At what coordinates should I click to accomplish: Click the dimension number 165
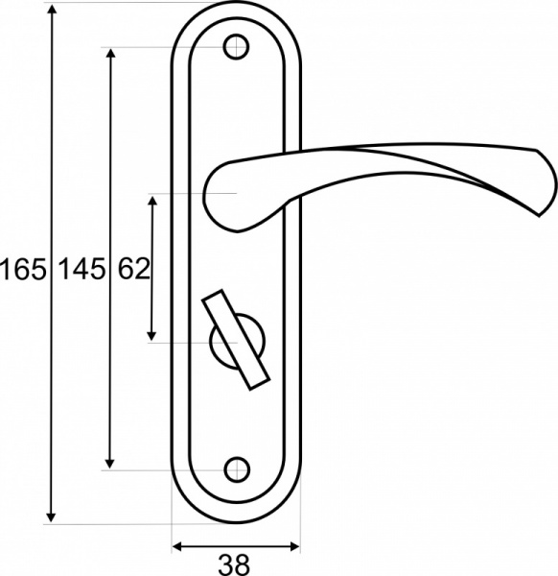click(x=23, y=270)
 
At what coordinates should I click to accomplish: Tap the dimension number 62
click(x=134, y=270)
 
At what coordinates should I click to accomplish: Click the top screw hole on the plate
click(x=235, y=47)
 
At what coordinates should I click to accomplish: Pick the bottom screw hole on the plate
click(x=235, y=469)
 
